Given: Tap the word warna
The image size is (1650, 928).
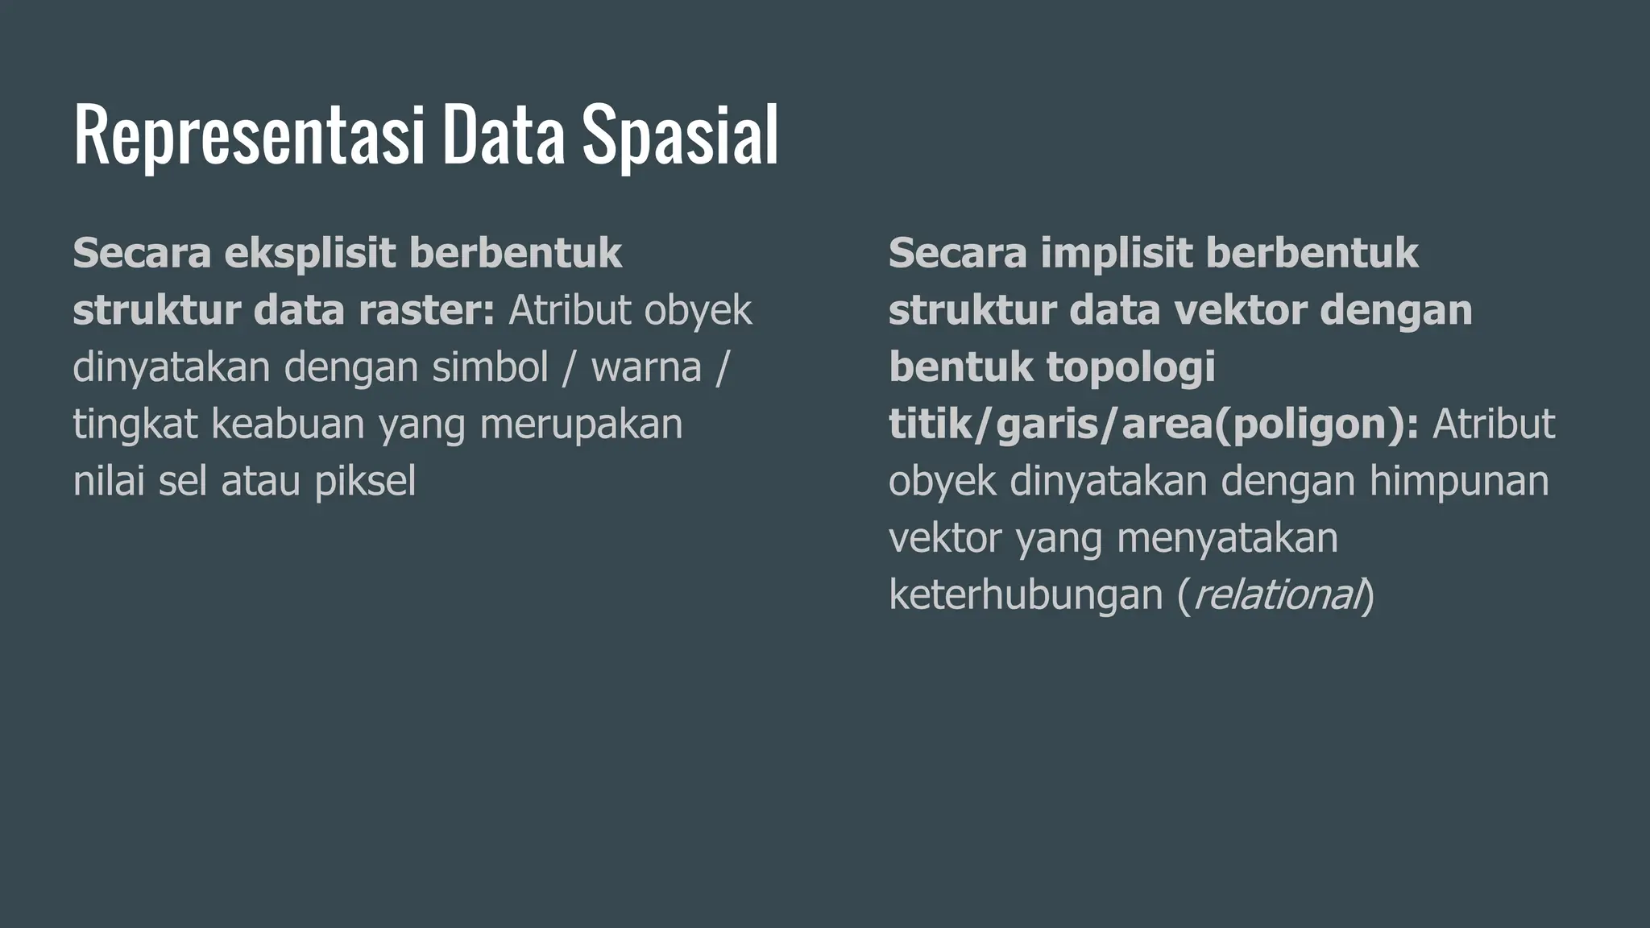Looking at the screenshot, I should [646, 367].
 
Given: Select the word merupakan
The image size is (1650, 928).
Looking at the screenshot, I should [581, 425].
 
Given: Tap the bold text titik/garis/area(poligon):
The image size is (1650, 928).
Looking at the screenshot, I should [1153, 425].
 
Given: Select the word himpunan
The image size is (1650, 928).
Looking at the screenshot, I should [1459, 482].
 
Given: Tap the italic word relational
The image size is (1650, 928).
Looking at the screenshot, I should [1275, 595].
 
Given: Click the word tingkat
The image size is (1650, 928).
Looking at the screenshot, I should [135, 425].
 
